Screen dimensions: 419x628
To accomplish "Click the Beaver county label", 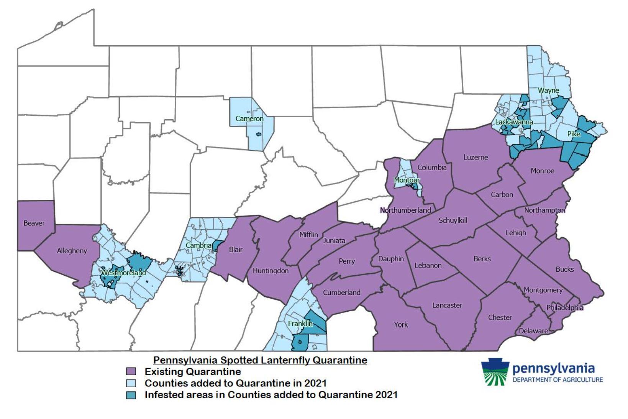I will point(34,223).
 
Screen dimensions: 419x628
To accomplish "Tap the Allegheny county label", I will point(72,251).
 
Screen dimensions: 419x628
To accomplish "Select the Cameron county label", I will point(249,119).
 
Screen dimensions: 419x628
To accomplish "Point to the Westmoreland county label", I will point(123,273).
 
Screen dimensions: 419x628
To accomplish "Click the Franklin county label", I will point(300,324).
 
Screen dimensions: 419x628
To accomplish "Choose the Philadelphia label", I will point(565,308).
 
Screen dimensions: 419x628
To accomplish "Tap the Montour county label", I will point(407,180).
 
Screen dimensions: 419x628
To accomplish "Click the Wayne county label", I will point(548,91).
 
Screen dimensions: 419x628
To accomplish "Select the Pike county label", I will point(574,134).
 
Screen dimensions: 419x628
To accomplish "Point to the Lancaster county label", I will point(447,306).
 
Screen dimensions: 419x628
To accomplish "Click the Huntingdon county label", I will point(271,271).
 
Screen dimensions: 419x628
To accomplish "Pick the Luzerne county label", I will point(476,158).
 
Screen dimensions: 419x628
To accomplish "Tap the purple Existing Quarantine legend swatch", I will point(131,371).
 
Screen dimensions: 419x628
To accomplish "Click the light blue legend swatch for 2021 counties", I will point(131,383).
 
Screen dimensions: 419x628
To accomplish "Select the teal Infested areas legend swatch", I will point(131,395).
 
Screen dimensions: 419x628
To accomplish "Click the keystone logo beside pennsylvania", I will point(495,371).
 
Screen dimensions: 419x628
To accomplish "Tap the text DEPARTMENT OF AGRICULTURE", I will point(557,380).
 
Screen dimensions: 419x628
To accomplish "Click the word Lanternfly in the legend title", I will point(287,360).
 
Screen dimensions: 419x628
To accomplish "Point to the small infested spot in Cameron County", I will point(259,135).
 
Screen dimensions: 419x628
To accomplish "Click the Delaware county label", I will point(533,331).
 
